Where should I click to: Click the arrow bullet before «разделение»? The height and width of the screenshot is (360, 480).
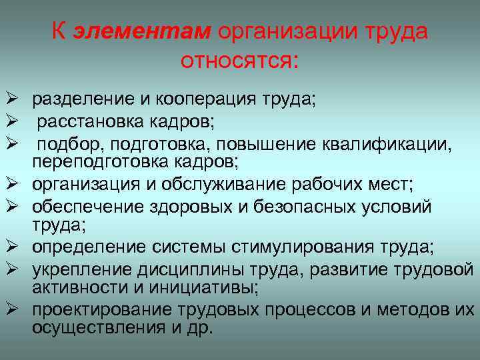pos(11,100)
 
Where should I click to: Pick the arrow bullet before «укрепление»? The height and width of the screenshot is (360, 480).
pos(11,269)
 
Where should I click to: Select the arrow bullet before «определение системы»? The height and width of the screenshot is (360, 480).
pos(11,247)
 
